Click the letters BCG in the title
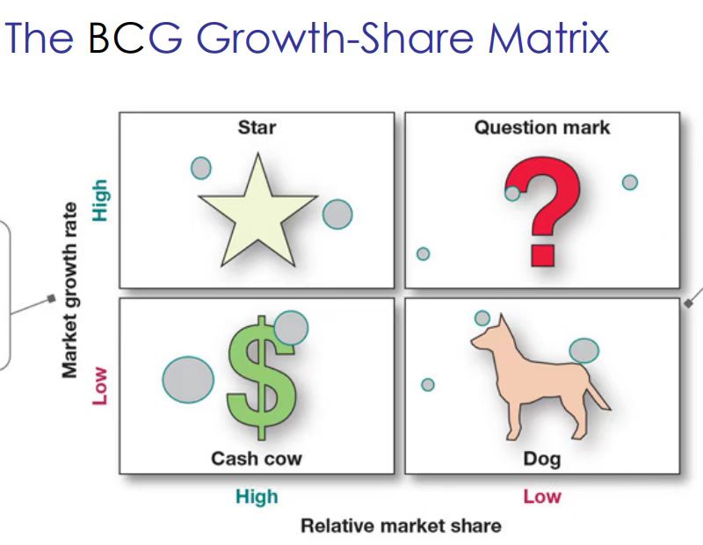135,37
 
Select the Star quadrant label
257,127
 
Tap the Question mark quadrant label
542,127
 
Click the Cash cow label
257,459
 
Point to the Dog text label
542,460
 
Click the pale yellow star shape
258,215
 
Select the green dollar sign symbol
261,378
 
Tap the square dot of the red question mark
543,255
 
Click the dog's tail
598,390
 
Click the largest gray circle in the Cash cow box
188,380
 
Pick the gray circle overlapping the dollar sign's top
291,328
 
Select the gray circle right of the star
337,214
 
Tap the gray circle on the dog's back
584,351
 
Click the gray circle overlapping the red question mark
512,193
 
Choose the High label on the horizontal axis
257,497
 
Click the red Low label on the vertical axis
100,386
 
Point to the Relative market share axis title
401,526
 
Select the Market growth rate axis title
69,291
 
